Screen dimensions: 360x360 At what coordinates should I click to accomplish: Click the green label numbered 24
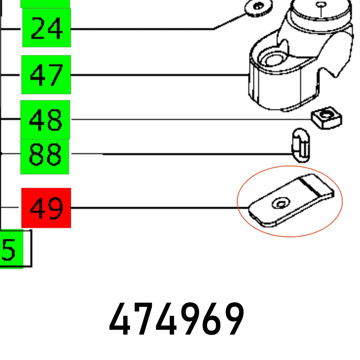point(46,28)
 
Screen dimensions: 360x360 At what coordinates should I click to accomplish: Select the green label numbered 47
point(46,75)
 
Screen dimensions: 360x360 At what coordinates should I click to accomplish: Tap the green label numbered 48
point(45,120)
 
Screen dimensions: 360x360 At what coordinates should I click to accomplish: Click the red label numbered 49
point(46,208)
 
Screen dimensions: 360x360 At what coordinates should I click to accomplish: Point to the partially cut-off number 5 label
point(11,249)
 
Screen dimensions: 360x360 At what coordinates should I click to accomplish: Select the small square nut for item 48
point(327,118)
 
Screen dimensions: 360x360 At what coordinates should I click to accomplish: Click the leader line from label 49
point(158,208)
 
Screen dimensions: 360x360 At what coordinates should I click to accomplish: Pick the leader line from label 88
point(180,154)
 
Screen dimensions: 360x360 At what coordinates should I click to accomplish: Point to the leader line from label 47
point(158,75)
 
